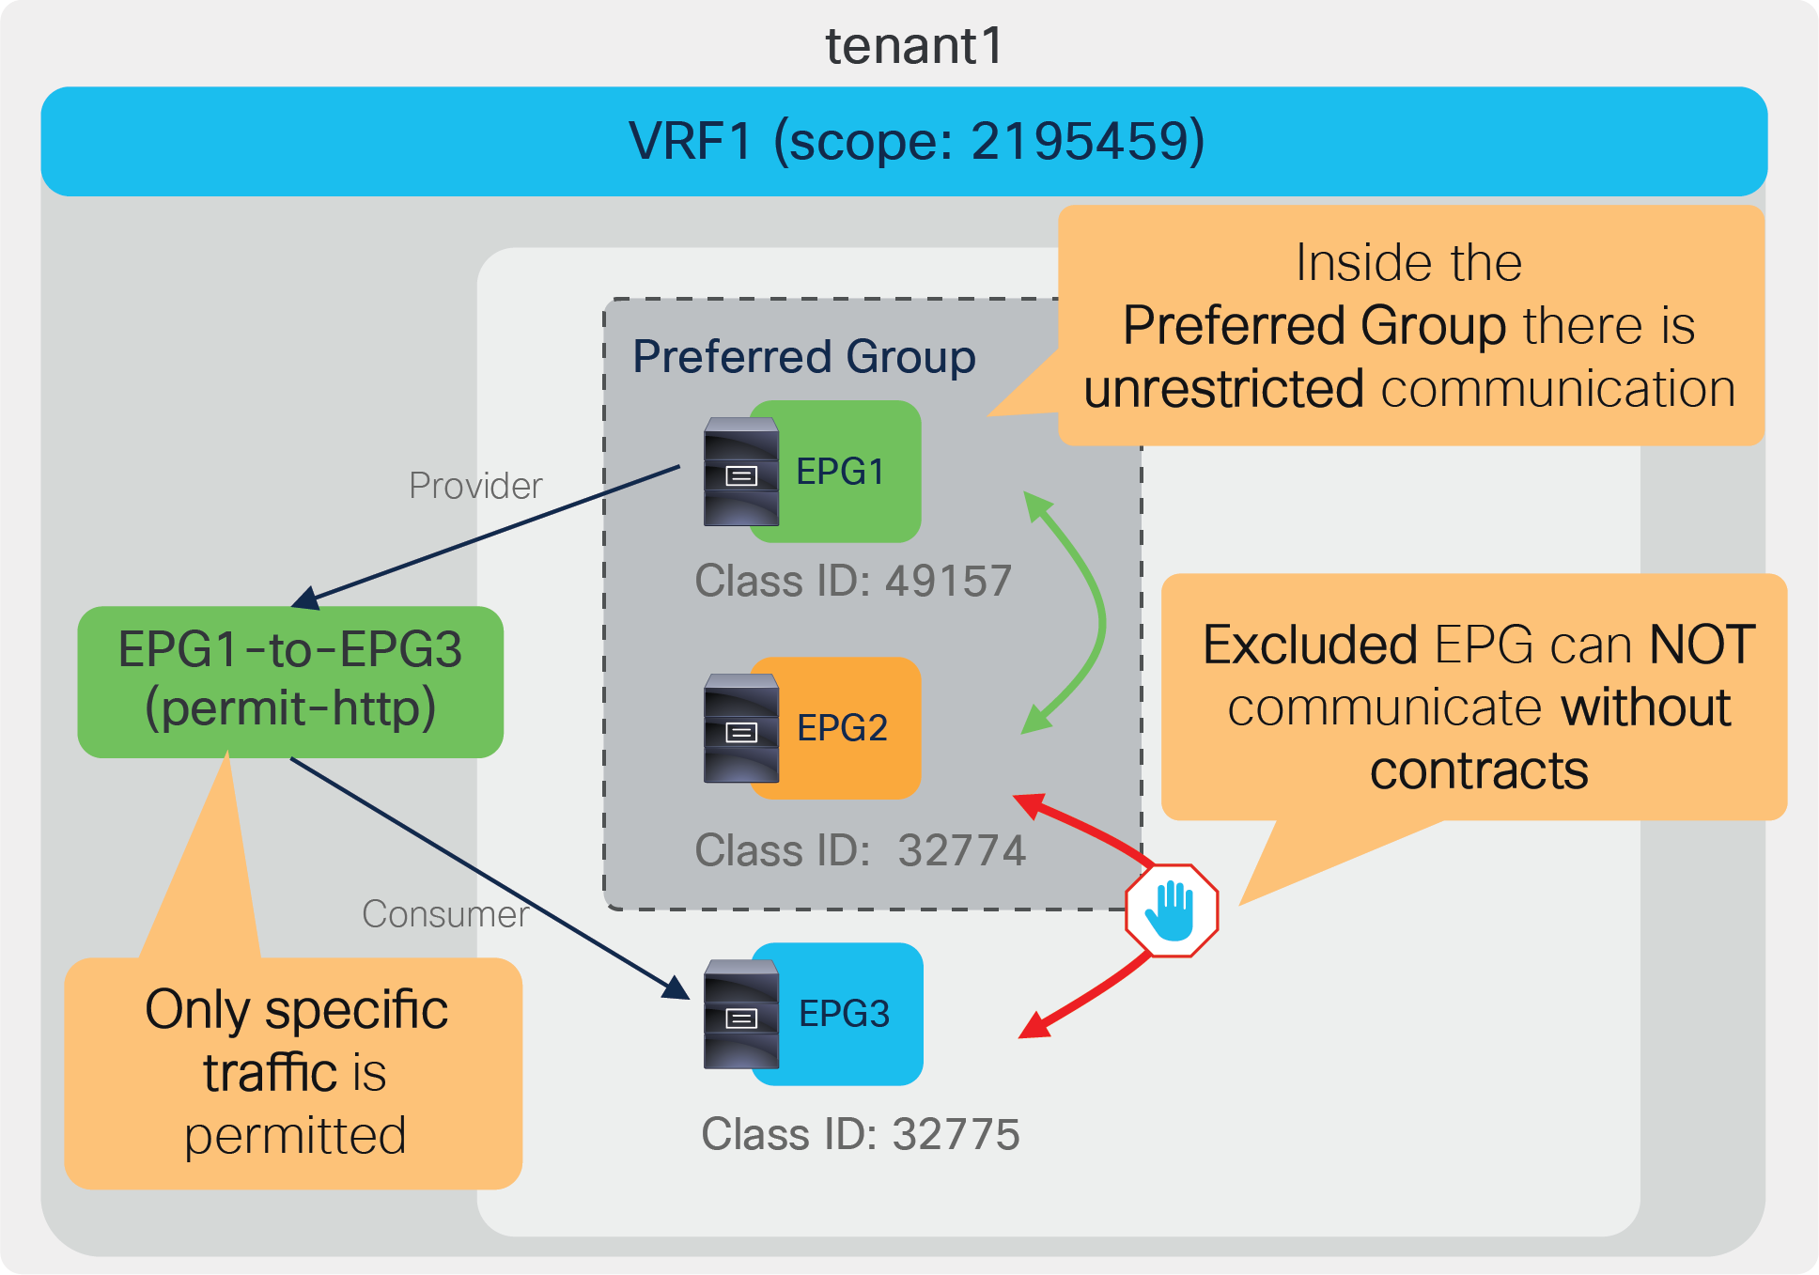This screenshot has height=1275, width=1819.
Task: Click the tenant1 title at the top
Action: click(914, 45)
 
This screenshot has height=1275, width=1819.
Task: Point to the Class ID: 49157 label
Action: click(853, 581)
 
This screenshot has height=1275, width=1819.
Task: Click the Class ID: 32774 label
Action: click(860, 850)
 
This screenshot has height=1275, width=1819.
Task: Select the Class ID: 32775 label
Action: click(860, 1134)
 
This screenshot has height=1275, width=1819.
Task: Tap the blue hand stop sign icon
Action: click(1172, 910)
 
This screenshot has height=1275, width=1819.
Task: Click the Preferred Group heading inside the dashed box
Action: click(803, 357)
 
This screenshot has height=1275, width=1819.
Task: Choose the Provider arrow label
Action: click(475, 486)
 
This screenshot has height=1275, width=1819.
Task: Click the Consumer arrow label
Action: click(444, 914)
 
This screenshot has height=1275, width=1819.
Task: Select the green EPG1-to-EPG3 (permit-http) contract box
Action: click(290, 680)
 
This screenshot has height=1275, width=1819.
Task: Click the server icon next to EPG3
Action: click(741, 1015)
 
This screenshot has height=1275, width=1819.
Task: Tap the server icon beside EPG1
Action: click(741, 472)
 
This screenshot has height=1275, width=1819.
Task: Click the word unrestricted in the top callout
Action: click(1223, 388)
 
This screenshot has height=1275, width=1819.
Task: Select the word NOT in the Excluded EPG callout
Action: click(1702, 645)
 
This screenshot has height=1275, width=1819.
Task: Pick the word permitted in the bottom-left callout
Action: click(295, 1136)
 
